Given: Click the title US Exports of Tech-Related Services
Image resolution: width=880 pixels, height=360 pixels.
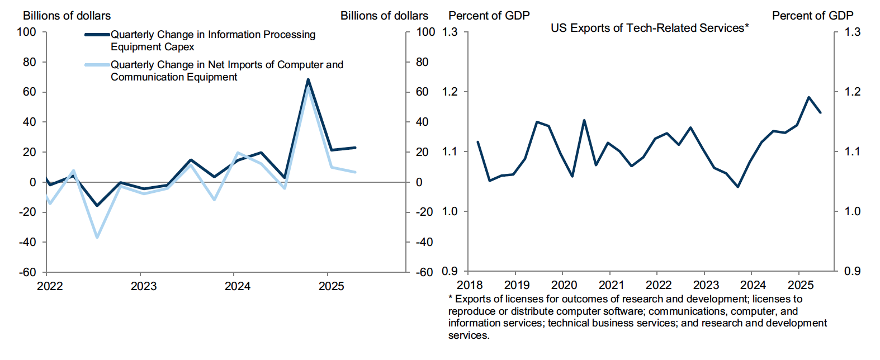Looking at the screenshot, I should click(649, 28).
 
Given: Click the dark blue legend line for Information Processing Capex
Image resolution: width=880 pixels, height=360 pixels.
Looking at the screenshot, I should click(97, 35).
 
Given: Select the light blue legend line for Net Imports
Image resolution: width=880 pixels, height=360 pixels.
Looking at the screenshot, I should click(97, 65).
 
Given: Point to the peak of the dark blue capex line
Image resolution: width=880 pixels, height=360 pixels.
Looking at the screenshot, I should click(308, 79).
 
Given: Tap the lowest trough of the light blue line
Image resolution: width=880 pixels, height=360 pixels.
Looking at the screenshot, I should click(97, 238).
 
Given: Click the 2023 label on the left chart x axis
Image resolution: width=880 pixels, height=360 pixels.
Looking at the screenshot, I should click(144, 286).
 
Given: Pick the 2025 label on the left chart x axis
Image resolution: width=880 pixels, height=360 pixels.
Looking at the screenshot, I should click(332, 286).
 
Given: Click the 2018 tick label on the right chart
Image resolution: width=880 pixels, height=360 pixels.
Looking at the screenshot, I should click(470, 286).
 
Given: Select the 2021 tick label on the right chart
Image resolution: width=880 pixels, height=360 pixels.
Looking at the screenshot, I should click(612, 286).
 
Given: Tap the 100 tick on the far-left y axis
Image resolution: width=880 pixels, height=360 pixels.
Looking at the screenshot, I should click(27, 32).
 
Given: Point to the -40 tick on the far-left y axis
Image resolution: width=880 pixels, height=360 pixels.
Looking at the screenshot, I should click(27, 242).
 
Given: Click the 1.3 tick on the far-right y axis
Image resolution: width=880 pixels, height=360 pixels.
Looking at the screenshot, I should click(853, 32).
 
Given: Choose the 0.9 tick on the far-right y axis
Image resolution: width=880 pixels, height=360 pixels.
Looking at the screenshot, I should click(853, 271).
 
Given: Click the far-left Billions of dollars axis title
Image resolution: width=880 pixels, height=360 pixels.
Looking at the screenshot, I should click(67, 16).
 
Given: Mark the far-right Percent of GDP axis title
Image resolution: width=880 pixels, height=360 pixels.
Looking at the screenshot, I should click(812, 16).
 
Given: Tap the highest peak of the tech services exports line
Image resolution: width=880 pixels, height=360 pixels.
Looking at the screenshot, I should click(808, 97).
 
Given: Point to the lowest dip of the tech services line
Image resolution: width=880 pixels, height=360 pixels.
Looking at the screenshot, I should click(738, 187).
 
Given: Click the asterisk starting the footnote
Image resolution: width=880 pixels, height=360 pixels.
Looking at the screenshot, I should click(451, 299).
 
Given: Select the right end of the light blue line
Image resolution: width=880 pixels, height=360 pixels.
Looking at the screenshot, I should click(355, 172).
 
